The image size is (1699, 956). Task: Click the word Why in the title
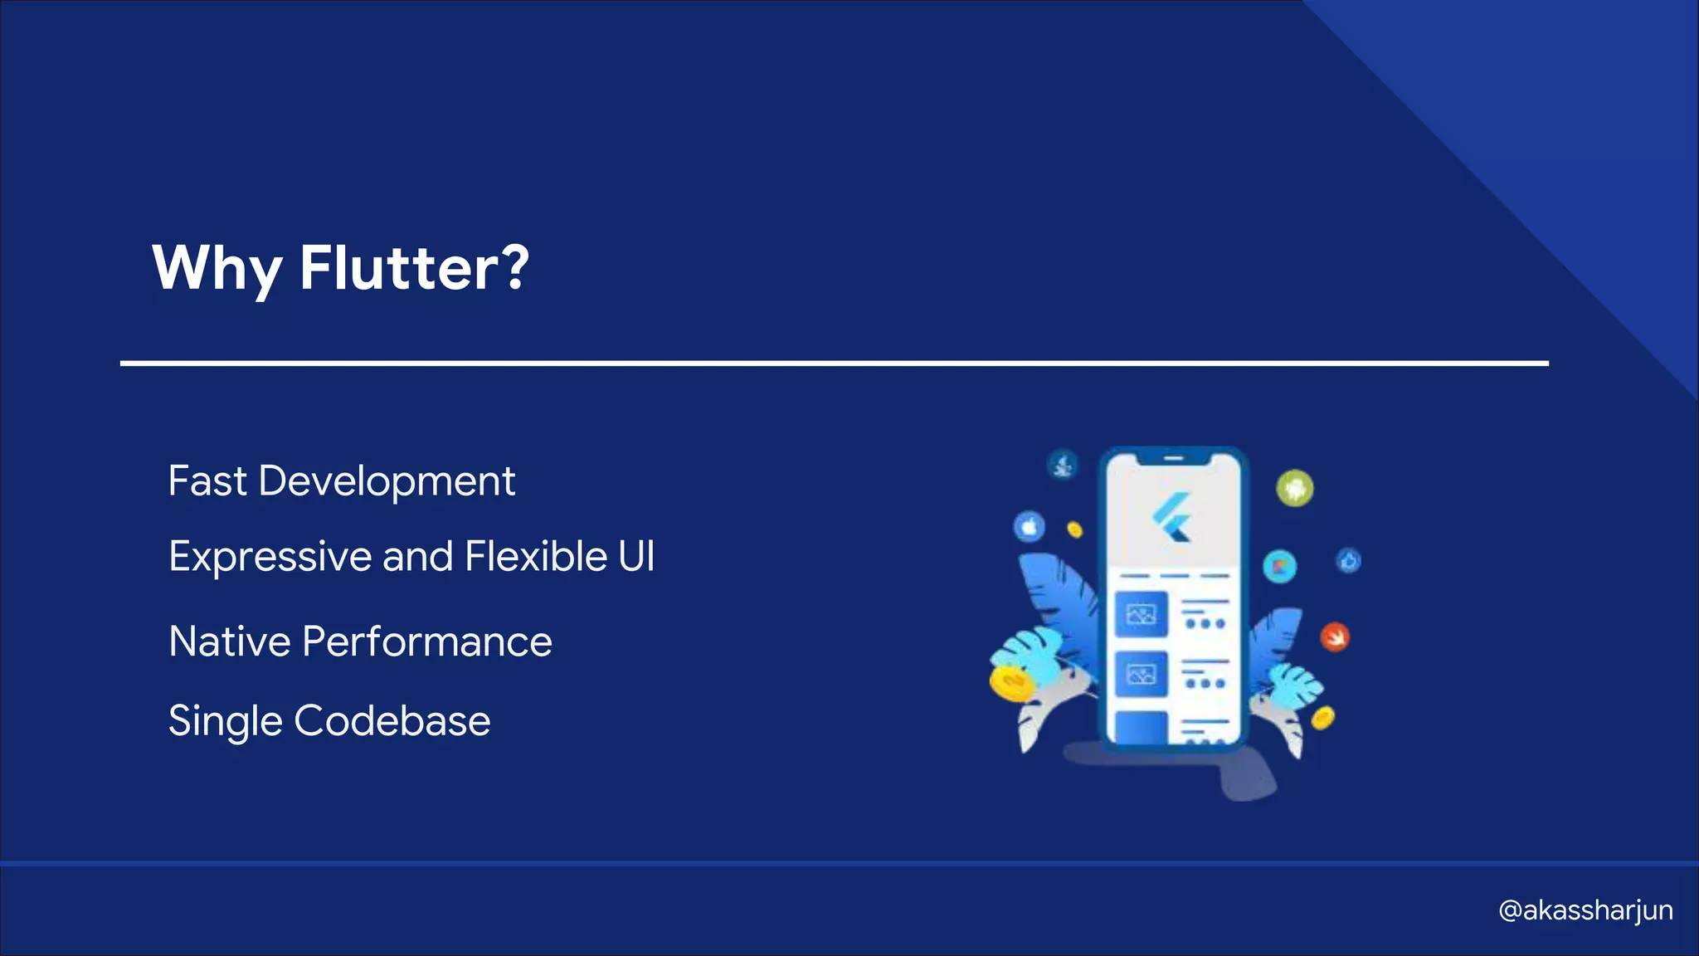coord(217,268)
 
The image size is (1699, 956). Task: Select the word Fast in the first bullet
coord(207,481)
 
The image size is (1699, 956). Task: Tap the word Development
coord(387,481)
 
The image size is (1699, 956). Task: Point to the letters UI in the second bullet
coord(636,556)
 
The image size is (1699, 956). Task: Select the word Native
coord(230,641)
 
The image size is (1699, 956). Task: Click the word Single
coord(225,720)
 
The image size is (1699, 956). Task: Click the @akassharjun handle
coord(1585,910)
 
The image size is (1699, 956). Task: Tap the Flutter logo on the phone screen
coord(1172,516)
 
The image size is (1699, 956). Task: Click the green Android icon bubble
coord(1294,488)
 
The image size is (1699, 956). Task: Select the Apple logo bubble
coord(1030,526)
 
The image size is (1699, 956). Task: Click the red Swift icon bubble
coord(1335,637)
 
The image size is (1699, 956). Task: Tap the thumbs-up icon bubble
coord(1348,561)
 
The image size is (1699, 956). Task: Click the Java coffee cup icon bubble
coord(1063,465)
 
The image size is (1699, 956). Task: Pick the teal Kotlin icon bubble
coord(1279,567)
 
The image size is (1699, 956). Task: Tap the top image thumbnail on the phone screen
coord(1141,614)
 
